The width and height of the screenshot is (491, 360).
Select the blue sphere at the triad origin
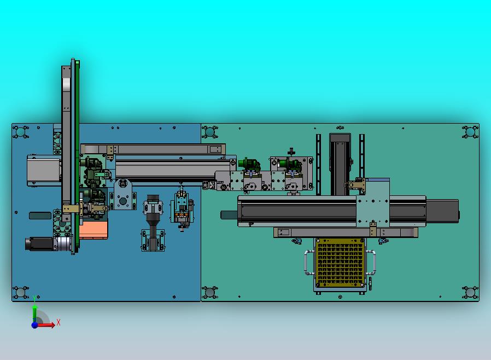[34, 325]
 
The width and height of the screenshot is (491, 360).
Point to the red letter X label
[59, 322]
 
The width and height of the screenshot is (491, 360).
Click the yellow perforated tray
[340, 263]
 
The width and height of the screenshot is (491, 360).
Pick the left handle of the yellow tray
[306, 263]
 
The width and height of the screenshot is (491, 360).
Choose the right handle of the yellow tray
[373, 263]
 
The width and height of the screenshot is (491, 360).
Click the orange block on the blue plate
[93, 230]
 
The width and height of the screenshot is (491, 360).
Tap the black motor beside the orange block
[40, 244]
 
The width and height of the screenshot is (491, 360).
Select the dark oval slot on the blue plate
[40, 216]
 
